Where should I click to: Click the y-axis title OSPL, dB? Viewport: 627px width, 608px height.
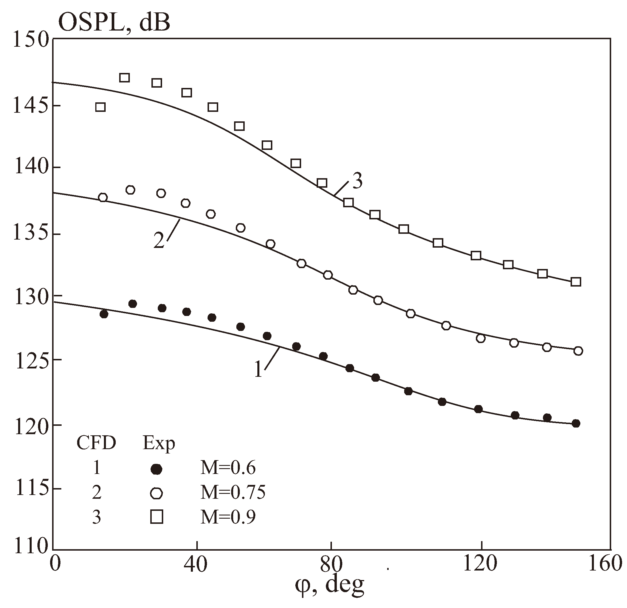[114, 23]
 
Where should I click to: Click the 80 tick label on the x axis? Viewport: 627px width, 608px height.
[331, 564]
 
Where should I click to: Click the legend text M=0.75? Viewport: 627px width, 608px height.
[233, 493]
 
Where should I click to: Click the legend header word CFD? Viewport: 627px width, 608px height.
[96, 444]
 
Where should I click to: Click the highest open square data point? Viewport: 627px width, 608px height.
[124, 78]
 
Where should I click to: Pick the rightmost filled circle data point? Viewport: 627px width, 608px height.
[576, 423]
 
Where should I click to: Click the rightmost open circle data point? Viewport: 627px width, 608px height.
[578, 351]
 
